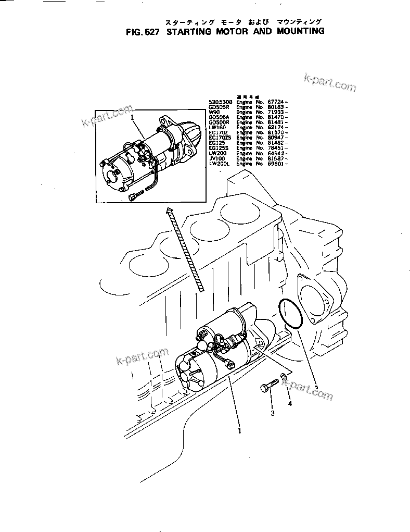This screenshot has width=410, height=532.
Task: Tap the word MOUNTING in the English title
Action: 296,31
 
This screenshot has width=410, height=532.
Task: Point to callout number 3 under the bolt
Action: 272,414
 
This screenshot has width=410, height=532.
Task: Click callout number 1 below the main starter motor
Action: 239,431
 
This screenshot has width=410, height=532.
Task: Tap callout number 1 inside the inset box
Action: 133,118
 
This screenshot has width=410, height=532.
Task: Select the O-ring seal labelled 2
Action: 291,315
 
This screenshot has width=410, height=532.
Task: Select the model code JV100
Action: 216,158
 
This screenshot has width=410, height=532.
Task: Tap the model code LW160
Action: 216,128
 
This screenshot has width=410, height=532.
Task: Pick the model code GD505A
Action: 217,117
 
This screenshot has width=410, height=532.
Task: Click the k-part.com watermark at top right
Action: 329,82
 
